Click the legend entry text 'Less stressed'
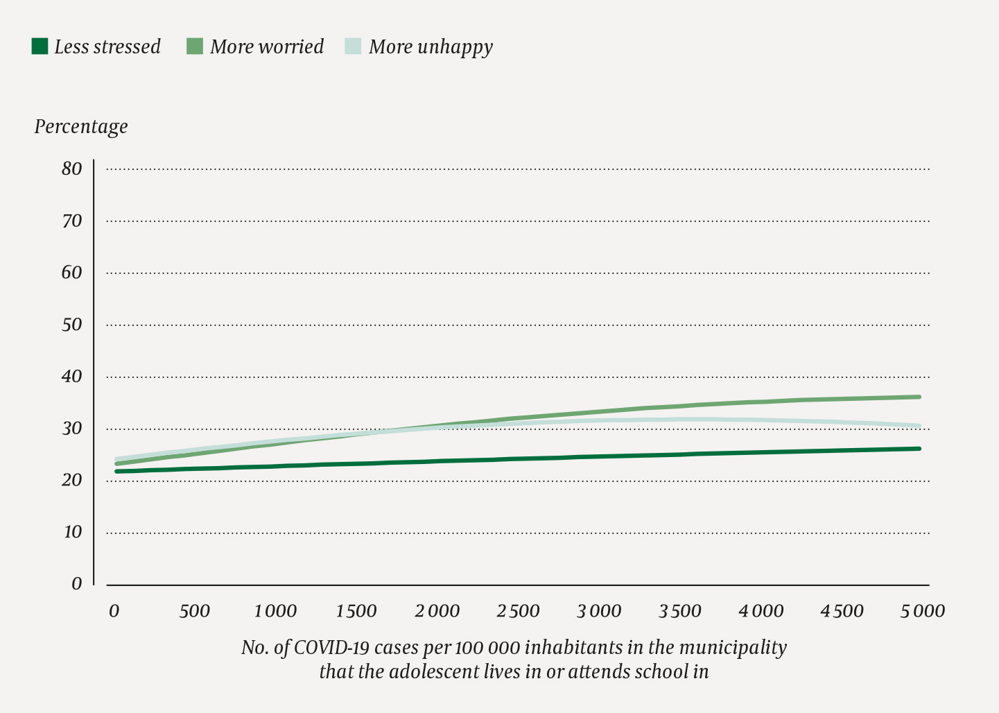coord(107,46)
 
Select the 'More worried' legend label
coord(267,46)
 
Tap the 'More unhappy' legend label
coord(431,46)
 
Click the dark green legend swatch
coord(40,46)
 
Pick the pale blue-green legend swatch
coord(353,46)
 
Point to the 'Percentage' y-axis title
coord(81,127)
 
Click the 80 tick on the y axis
coord(71,169)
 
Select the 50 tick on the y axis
coord(71,325)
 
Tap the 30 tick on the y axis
coord(71,429)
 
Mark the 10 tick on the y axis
coord(72,532)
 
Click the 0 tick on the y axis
coord(76,584)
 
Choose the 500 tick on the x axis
coord(194,611)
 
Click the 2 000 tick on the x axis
coord(437,611)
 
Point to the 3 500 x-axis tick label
coord(680,611)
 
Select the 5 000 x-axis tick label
coord(923,611)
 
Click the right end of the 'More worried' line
coord(919,397)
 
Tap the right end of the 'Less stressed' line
coord(919,449)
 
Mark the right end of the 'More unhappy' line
coord(919,426)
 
